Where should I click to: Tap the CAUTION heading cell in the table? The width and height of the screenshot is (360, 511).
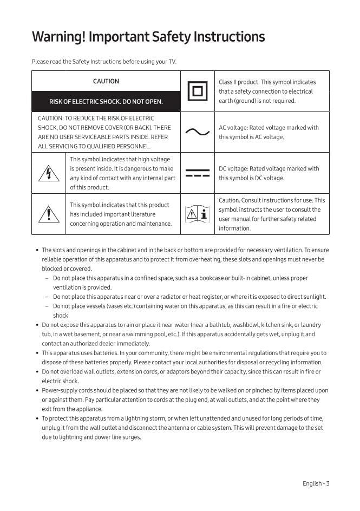click(x=106, y=81)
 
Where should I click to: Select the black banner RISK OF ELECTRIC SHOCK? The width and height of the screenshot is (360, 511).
click(x=106, y=101)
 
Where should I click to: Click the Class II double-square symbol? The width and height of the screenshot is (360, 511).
click(x=197, y=91)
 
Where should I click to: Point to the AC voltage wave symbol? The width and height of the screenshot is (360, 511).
click(x=197, y=132)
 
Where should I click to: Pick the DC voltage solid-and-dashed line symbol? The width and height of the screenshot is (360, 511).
click(x=197, y=173)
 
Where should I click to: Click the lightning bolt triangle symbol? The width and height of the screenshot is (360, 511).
click(x=49, y=173)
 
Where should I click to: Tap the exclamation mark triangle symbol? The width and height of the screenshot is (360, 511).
click(x=49, y=214)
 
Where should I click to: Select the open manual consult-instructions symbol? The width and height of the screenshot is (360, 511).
click(x=197, y=214)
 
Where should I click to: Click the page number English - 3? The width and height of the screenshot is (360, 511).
click(x=316, y=483)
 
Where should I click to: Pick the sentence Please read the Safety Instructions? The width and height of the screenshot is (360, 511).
click(x=104, y=62)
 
